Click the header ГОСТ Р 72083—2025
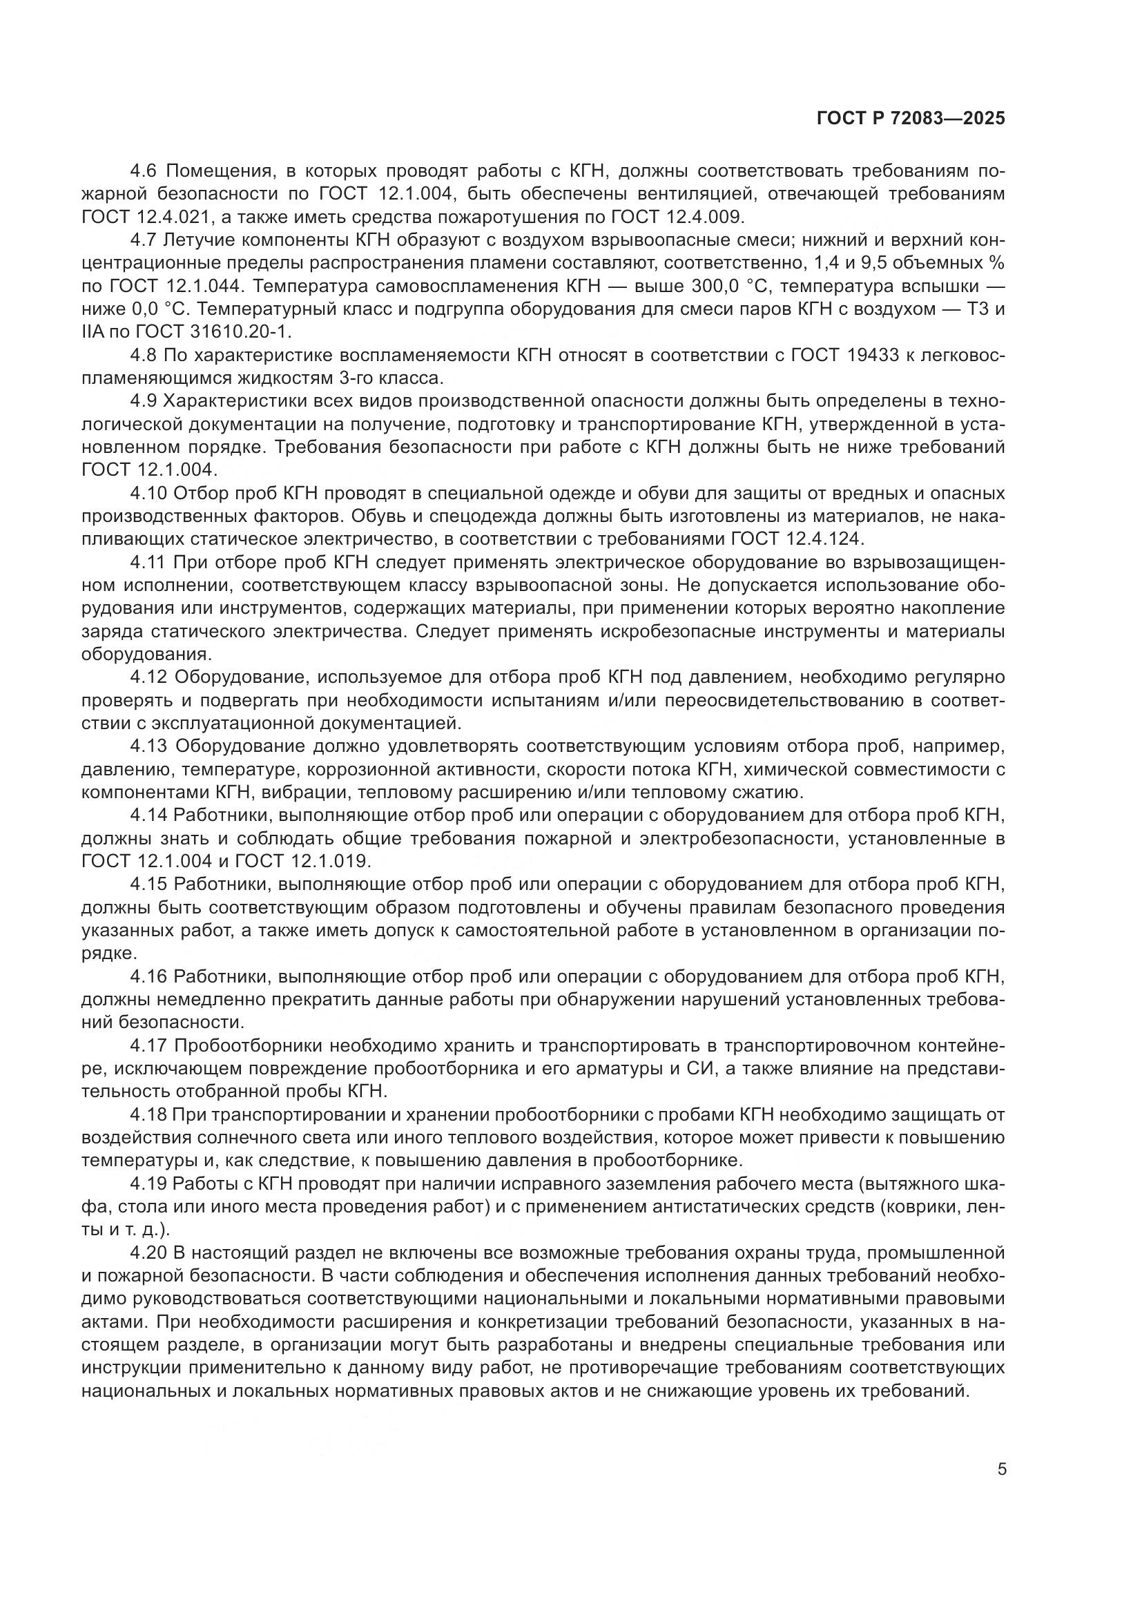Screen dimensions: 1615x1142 point(911,118)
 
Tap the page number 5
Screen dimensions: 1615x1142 point(1002,1469)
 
